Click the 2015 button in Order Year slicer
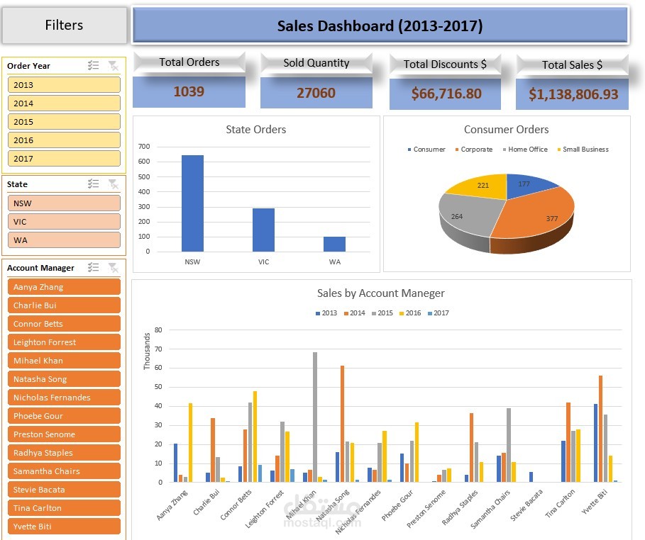pyautogui.click(x=64, y=122)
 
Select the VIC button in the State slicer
pyautogui.click(x=64, y=222)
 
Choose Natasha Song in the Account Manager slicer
pyautogui.click(x=64, y=379)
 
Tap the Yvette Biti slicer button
pyautogui.click(x=64, y=527)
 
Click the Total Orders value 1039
pyautogui.click(x=189, y=91)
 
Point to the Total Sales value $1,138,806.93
pyautogui.click(x=573, y=94)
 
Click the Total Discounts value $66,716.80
pyautogui.click(x=446, y=94)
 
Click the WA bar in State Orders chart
pyautogui.click(x=334, y=244)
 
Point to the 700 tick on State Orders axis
pyautogui.click(x=144, y=147)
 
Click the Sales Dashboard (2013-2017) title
pyautogui.click(x=380, y=26)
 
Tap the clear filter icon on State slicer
pyautogui.click(x=113, y=184)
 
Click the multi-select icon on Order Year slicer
pyautogui.click(x=93, y=66)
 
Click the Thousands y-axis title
pyautogui.click(x=148, y=351)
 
